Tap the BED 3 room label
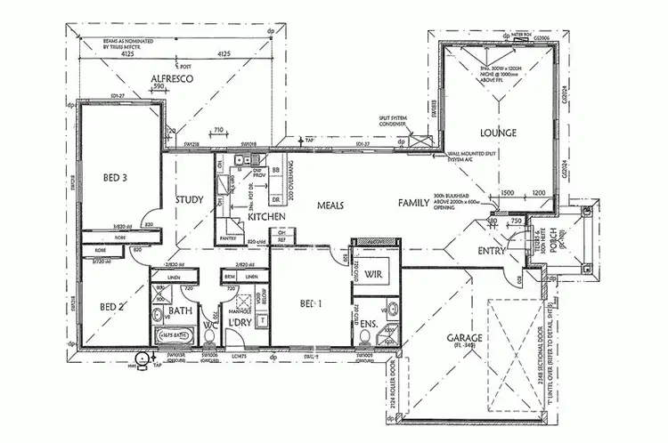click(x=113, y=178)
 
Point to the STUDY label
click(x=190, y=199)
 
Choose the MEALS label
click(x=330, y=205)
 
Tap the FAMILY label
click(x=414, y=204)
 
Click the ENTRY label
click(x=491, y=252)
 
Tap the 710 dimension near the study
click(x=217, y=129)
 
